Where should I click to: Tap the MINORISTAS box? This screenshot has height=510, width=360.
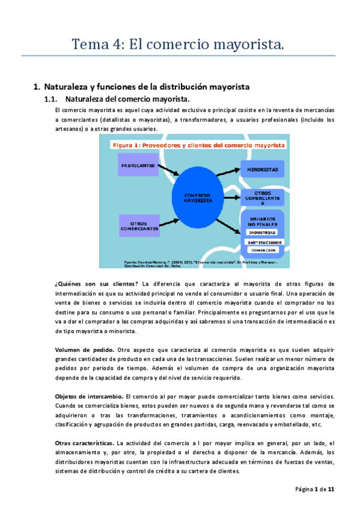pyautogui.click(x=263, y=170)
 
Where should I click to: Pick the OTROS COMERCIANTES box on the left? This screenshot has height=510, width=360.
pyautogui.click(x=140, y=226)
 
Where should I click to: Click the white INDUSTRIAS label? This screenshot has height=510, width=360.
pyautogui.click(x=263, y=232)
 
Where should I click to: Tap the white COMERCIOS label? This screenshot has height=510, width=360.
pyautogui.click(x=263, y=250)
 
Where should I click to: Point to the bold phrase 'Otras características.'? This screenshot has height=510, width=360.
pyautogui.click(x=84, y=443)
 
